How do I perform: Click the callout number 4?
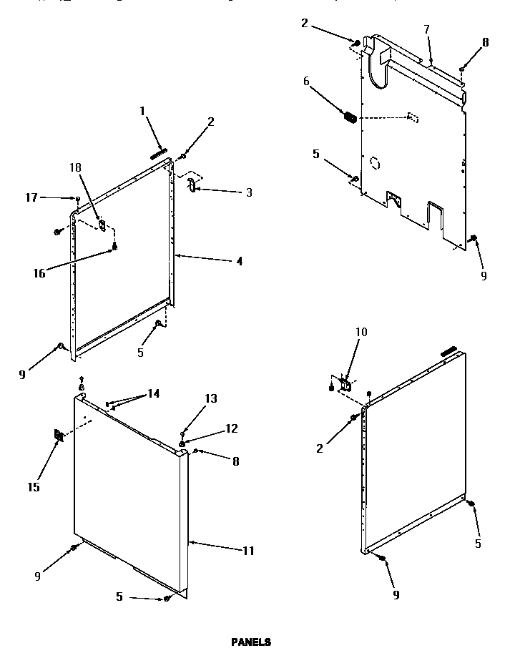tap(239, 262)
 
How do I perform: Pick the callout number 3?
tap(248, 192)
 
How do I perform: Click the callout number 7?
tap(426, 29)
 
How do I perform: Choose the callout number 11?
tap(248, 551)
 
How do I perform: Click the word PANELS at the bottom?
tap(250, 642)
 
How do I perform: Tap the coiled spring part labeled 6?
tap(350, 117)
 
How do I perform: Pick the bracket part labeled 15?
tap(58, 436)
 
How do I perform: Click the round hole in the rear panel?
tap(374, 162)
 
